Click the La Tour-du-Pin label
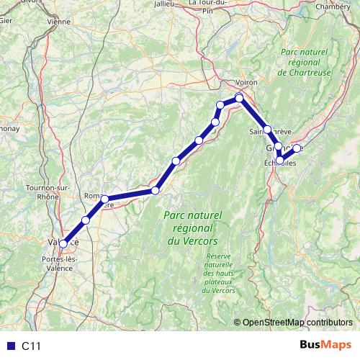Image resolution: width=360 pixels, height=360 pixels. (x=210, y=6)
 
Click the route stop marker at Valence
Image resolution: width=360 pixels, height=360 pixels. (x=64, y=243)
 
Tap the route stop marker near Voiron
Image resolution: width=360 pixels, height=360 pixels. (x=239, y=97)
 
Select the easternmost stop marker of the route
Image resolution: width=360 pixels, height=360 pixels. (x=297, y=148)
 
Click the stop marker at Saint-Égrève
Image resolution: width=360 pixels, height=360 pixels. (x=267, y=130)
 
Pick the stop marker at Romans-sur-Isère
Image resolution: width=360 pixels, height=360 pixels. (x=104, y=199)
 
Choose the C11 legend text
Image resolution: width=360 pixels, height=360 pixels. (x=31, y=346)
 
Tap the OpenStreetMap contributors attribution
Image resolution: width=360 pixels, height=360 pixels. (x=296, y=323)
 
